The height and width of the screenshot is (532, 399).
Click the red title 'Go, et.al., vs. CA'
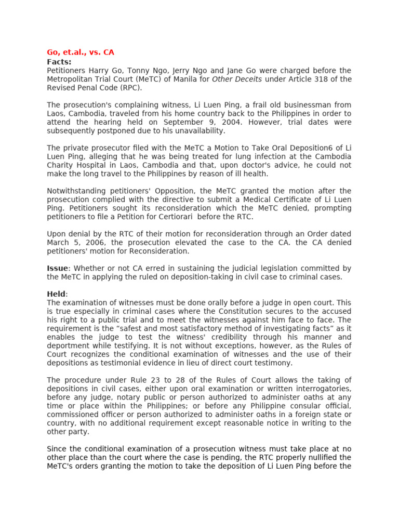(81, 52)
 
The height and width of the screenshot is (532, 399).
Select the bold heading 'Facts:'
(59, 62)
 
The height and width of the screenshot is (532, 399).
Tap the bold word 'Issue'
(57, 269)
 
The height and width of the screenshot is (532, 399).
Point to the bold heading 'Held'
(56, 294)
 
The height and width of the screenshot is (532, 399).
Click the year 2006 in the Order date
(87, 243)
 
